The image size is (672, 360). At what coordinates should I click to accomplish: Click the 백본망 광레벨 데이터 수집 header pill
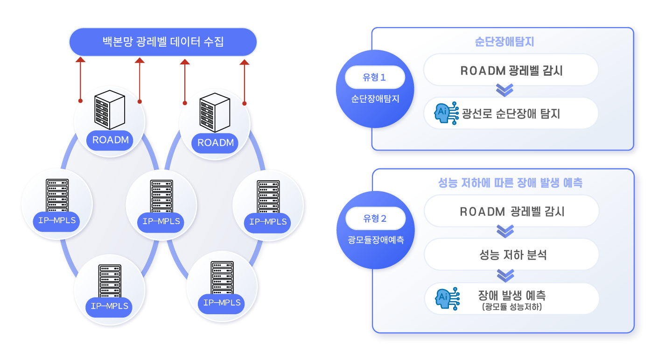[x=163, y=42]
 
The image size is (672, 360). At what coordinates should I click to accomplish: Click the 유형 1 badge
[x=375, y=78]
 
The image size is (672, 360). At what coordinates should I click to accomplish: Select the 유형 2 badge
[x=375, y=218]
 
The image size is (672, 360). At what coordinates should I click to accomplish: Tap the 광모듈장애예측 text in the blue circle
[x=376, y=240]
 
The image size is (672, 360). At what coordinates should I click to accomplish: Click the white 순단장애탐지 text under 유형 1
[x=375, y=99]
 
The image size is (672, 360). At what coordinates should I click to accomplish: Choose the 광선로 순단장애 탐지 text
[x=511, y=113]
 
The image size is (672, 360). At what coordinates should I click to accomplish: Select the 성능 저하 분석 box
[x=511, y=255]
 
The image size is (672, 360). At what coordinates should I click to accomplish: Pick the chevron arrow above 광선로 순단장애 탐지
[x=504, y=90]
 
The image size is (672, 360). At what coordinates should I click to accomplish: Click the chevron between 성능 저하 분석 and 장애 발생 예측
[x=505, y=275]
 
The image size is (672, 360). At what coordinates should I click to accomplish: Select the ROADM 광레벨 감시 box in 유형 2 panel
[x=511, y=211]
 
